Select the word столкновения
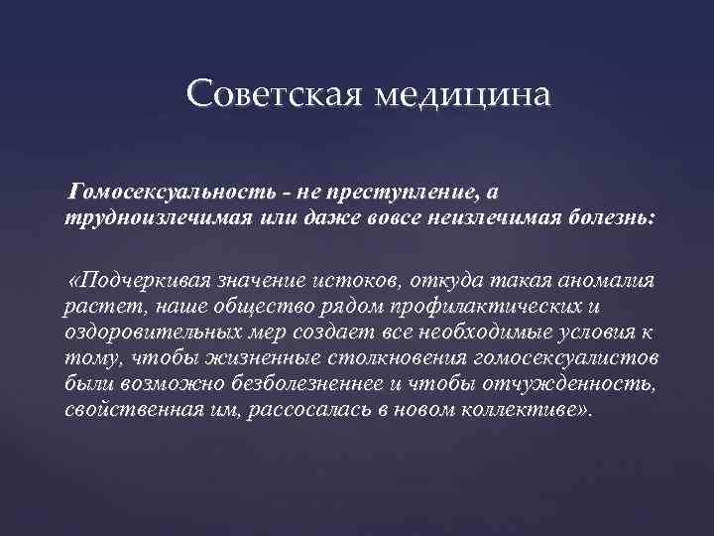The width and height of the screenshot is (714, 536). (x=351, y=357)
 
